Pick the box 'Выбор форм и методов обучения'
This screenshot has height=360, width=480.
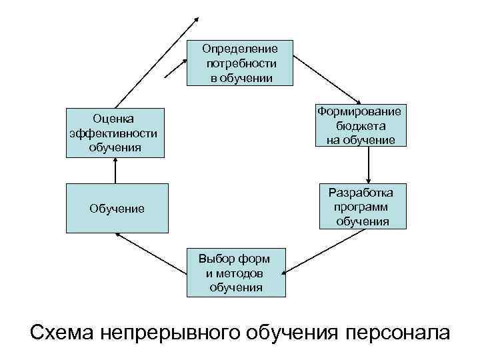tap(235, 273)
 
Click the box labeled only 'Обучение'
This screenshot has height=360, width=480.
tap(117, 209)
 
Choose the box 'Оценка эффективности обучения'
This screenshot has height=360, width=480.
tap(115, 133)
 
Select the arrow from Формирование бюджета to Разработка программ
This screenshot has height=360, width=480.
tap(369, 164)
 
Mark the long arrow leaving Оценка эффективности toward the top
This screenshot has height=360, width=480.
tap(157, 60)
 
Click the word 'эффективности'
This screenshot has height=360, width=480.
tap(113, 133)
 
